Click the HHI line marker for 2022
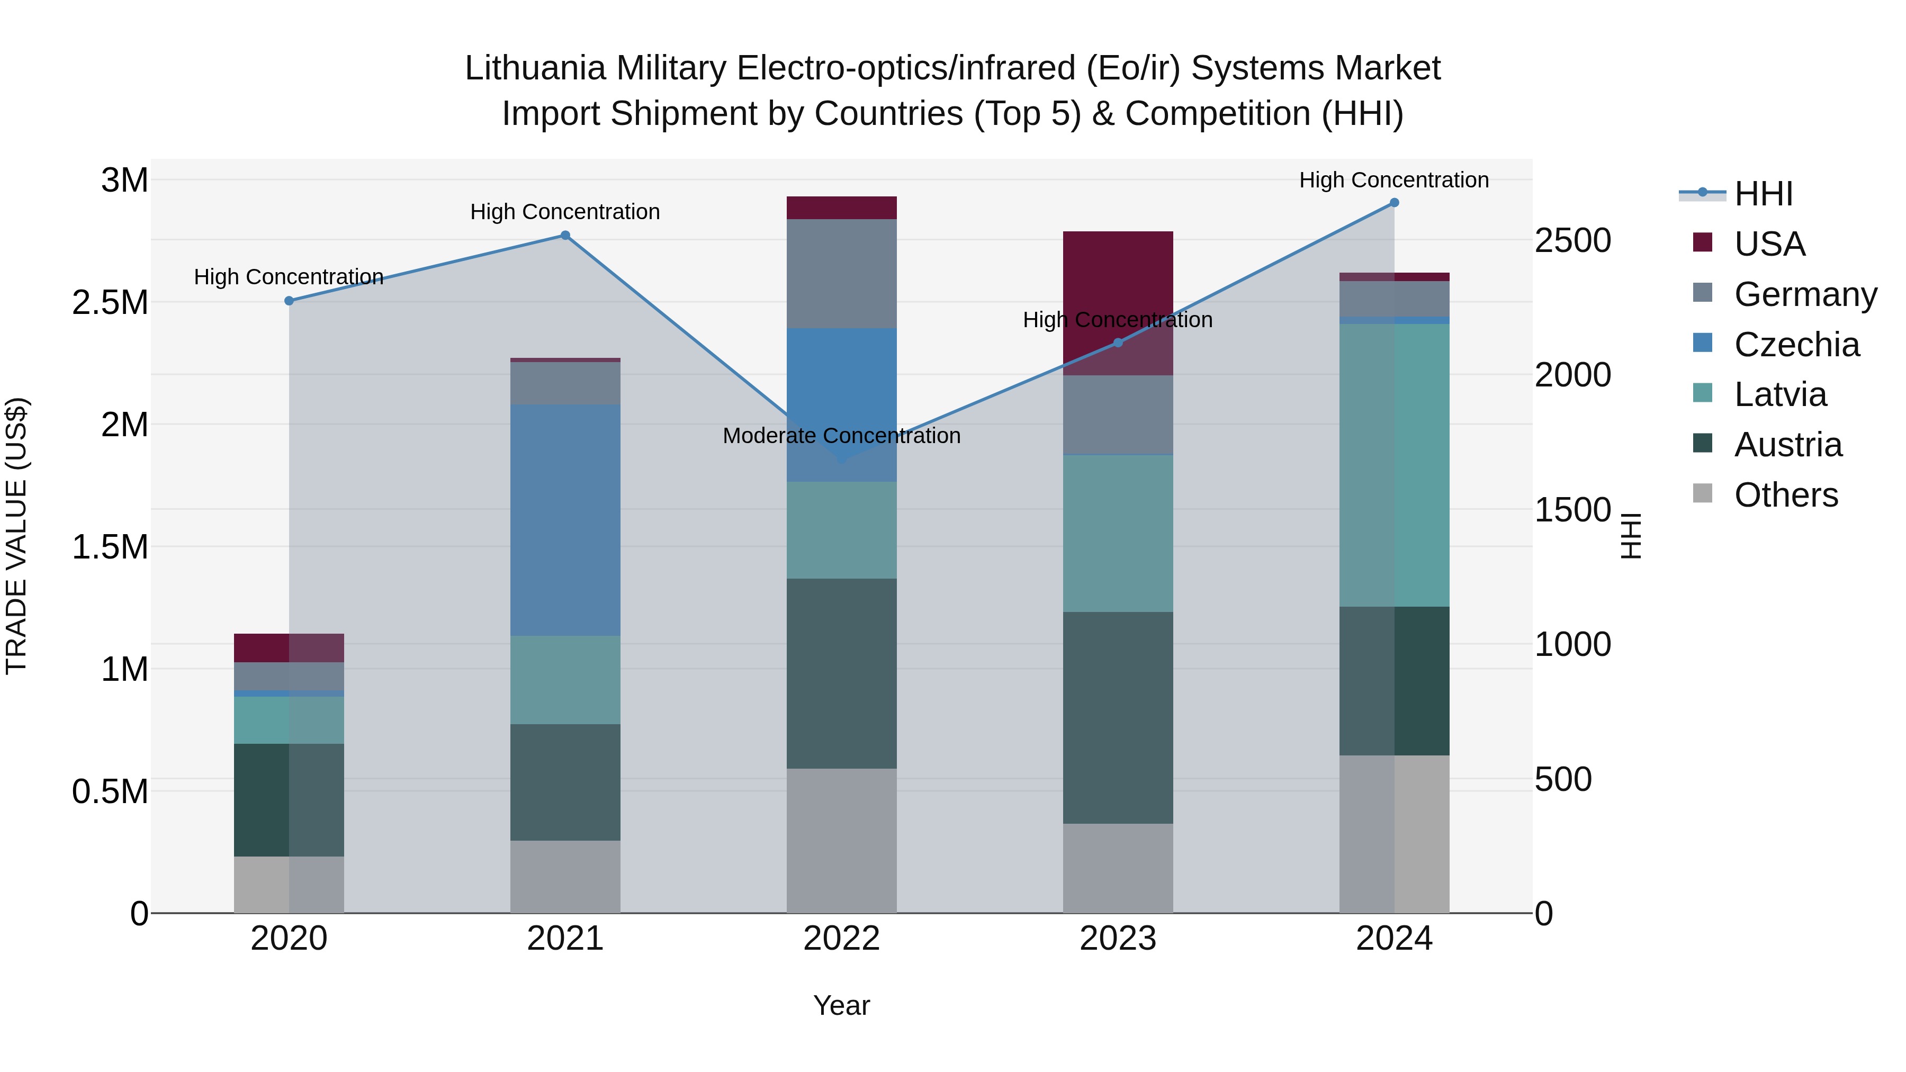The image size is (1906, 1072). (841, 460)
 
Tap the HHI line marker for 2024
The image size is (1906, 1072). (1394, 203)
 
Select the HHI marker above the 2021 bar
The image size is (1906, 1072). (565, 235)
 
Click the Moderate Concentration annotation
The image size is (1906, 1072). (841, 436)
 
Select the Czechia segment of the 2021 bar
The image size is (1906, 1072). (565, 519)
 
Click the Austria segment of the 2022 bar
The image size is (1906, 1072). (841, 673)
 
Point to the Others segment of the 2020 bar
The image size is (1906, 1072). (289, 884)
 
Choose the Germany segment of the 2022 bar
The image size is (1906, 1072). (841, 273)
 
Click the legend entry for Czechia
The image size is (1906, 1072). (1796, 345)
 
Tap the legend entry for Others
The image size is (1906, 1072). (1785, 495)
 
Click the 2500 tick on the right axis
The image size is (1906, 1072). (1572, 241)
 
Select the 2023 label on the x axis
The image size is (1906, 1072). (1117, 939)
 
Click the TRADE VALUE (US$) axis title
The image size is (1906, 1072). (16, 536)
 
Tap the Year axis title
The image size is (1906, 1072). (841, 1005)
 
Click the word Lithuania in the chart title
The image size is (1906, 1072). (536, 68)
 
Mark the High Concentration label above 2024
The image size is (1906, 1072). (1394, 180)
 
